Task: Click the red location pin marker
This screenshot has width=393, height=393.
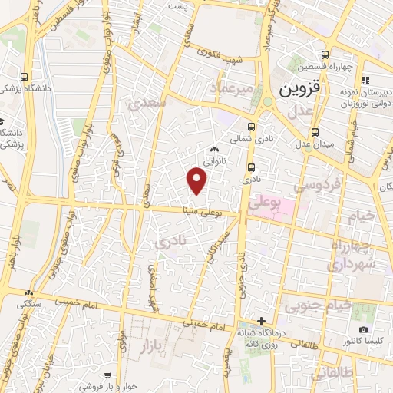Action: pos(197,181)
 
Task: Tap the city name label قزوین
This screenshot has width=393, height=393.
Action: pos(296,88)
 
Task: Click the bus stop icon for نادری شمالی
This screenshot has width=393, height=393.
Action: pos(251,127)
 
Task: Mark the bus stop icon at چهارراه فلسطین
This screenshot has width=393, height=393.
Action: pos(325,54)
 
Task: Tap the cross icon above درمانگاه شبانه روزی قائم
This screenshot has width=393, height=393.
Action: pos(261,320)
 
